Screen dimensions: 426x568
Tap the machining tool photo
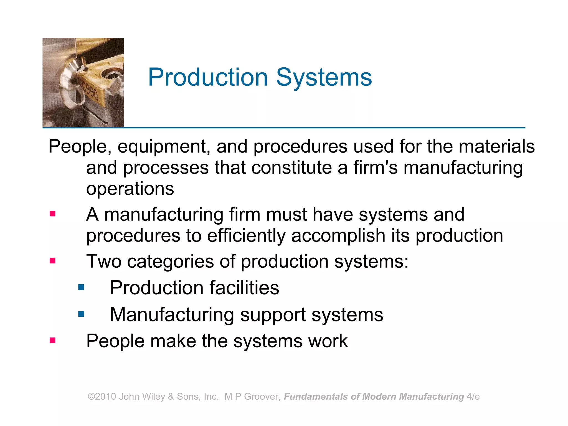coord(83,83)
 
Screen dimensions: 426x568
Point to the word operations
coord(130,189)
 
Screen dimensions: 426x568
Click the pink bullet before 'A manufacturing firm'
coord(52,214)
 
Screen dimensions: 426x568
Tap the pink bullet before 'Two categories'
coord(52,261)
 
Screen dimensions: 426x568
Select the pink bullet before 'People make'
coord(52,340)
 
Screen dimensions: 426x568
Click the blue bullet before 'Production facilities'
coord(81,287)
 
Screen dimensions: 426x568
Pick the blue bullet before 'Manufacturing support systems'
coord(81,314)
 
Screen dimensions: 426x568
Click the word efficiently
coord(246,236)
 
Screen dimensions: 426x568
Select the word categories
coord(170,262)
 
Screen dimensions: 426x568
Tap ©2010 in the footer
coord(102,397)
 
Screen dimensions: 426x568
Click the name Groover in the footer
coord(262,397)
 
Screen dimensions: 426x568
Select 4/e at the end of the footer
coord(473,397)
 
